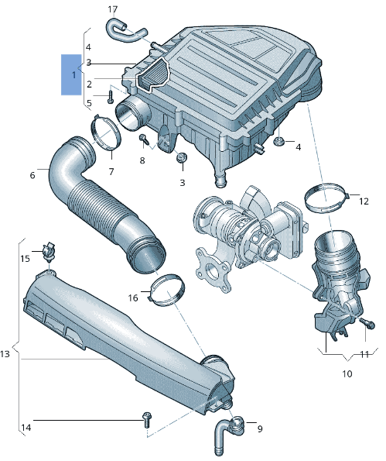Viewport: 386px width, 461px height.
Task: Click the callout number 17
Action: (x=112, y=9)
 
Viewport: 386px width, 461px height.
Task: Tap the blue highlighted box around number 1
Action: (x=71, y=74)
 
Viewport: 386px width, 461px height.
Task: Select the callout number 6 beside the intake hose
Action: (x=32, y=176)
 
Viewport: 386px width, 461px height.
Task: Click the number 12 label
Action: (x=364, y=201)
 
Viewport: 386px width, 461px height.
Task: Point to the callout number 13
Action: (x=5, y=354)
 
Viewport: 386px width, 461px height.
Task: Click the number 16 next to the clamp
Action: (x=133, y=298)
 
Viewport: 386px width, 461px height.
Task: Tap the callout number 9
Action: (x=260, y=429)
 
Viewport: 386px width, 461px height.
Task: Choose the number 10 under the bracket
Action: (x=347, y=373)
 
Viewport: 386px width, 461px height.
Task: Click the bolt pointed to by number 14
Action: (x=146, y=420)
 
